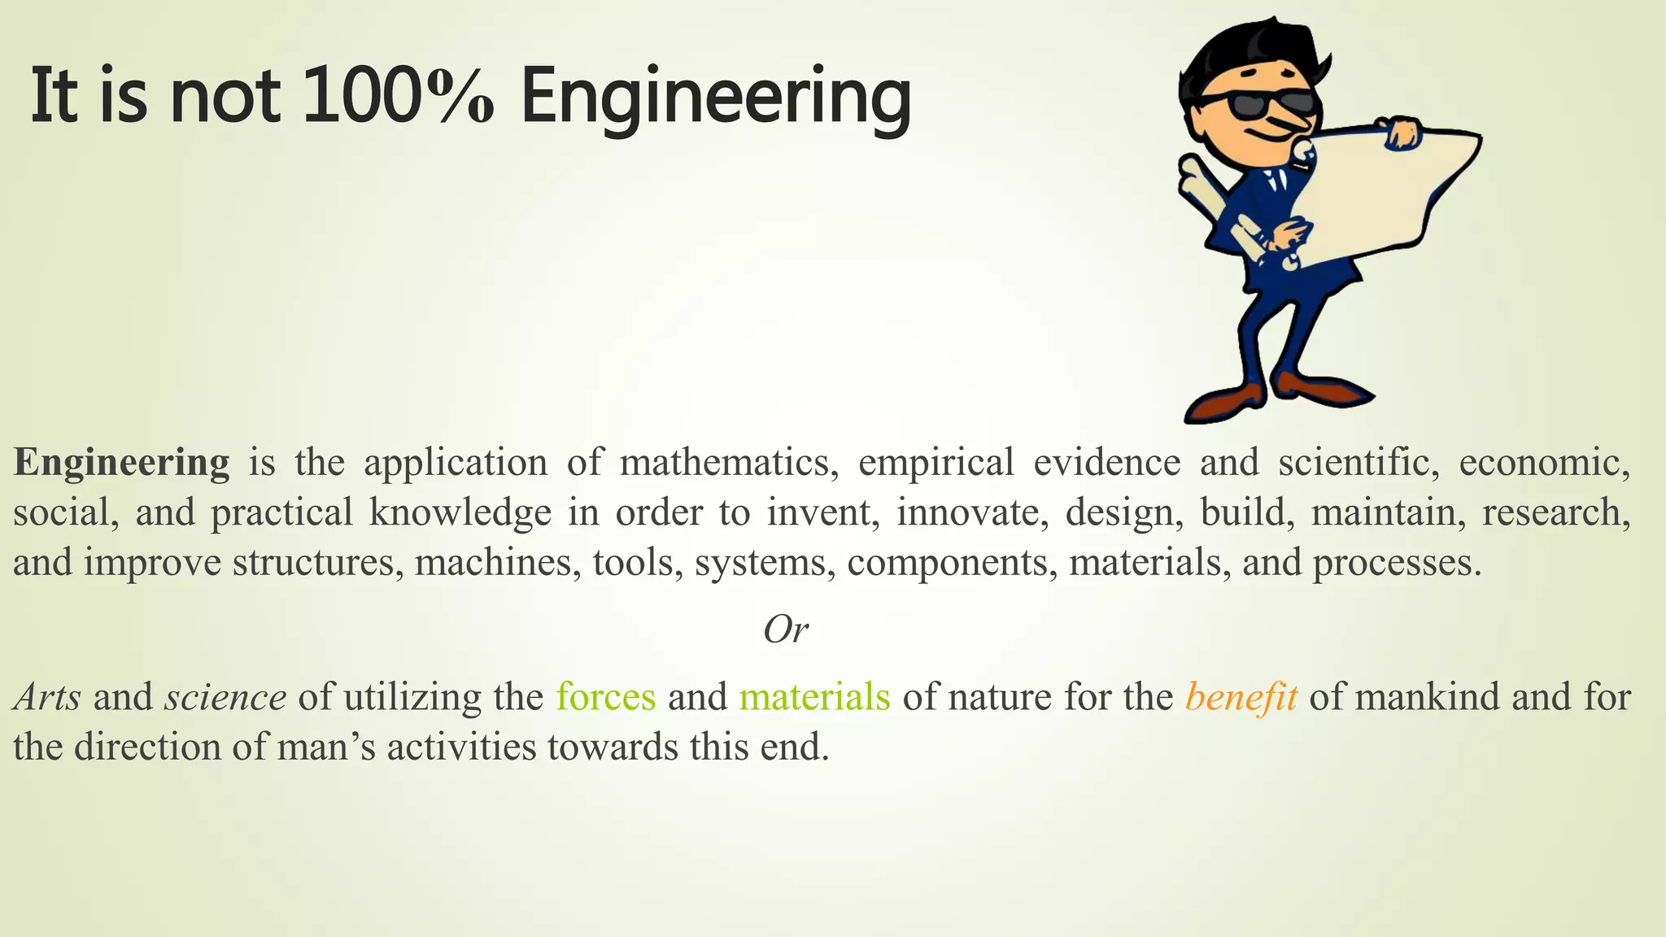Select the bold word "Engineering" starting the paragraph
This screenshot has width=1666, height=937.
122,463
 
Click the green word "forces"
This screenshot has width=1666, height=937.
606,697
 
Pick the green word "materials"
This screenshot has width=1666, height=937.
814,697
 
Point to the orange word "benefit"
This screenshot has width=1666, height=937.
1241,698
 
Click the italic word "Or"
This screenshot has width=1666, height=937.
786,630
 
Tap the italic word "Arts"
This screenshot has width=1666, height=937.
47,698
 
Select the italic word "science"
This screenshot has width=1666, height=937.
225,698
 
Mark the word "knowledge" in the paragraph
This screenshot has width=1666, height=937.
460,513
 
